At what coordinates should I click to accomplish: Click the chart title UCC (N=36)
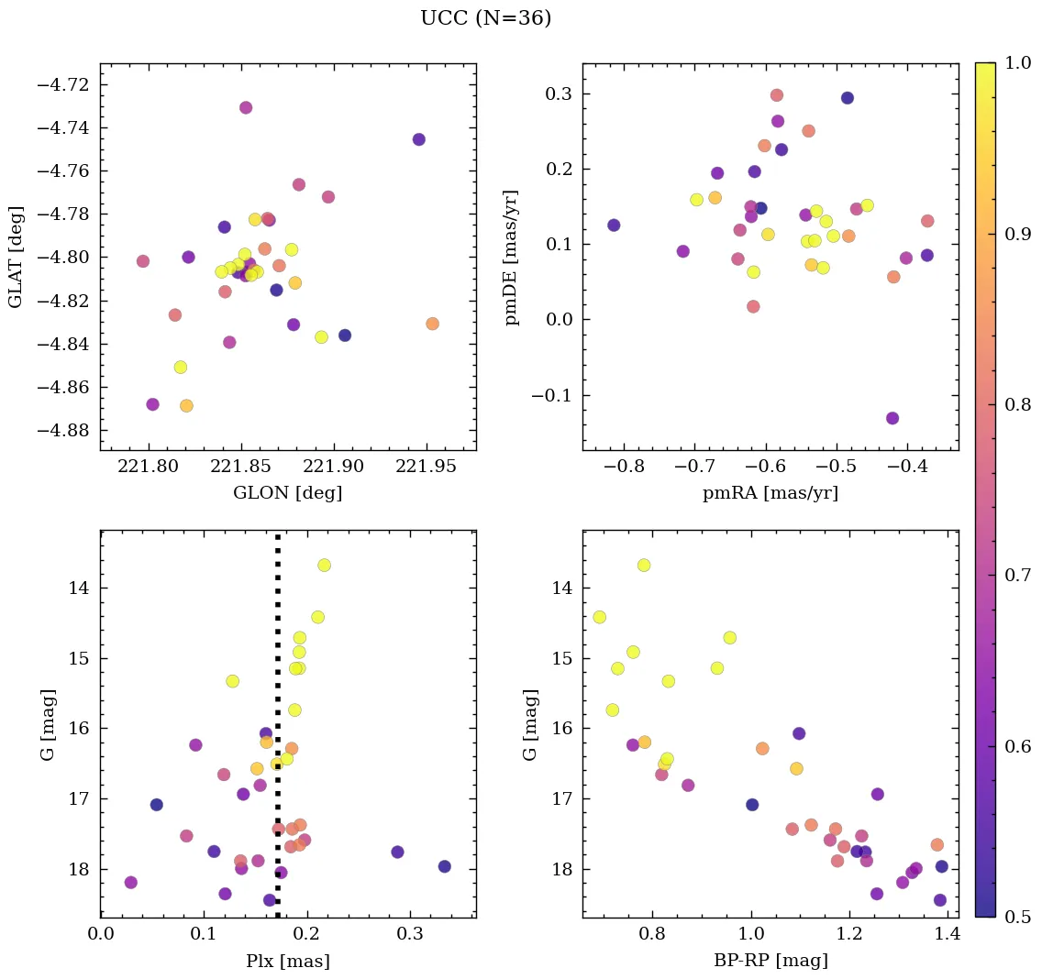point(485,18)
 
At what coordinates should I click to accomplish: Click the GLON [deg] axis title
point(287,493)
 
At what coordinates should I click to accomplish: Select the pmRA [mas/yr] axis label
point(770,493)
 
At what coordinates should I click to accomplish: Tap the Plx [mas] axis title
point(287,961)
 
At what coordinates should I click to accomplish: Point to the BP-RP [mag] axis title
point(770,961)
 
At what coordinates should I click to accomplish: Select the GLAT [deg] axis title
point(16,257)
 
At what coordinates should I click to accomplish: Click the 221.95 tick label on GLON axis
point(428,466)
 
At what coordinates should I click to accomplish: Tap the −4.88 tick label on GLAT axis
point(64,431)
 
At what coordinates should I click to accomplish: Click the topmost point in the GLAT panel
point(246,107)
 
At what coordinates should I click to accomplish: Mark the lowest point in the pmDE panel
point(892,418)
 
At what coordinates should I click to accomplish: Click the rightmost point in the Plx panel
point(445,866)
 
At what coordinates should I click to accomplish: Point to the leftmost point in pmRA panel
point(614,225)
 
